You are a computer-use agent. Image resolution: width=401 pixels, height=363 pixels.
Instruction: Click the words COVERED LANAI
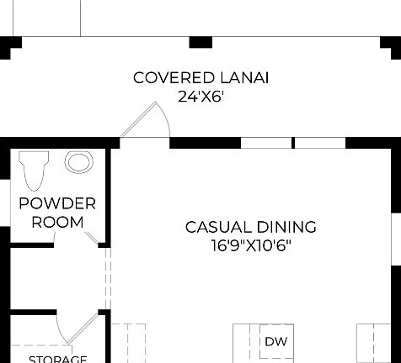206,78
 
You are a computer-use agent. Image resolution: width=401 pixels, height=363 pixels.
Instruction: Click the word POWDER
57,203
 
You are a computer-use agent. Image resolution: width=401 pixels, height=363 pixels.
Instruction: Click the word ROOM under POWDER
57,222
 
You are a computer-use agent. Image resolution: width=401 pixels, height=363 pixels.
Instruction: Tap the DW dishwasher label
275,342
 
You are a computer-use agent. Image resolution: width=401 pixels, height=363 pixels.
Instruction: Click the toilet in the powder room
35,170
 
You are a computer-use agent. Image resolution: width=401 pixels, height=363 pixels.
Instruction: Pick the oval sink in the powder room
79,162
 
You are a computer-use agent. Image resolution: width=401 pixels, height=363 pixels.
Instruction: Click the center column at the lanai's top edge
200,41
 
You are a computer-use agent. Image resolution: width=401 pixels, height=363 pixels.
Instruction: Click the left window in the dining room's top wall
266,143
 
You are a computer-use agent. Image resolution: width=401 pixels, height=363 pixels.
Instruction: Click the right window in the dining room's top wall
319,143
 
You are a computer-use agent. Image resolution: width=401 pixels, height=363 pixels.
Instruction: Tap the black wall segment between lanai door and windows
206,143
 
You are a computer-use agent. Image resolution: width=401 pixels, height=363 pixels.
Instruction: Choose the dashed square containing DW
275,343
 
